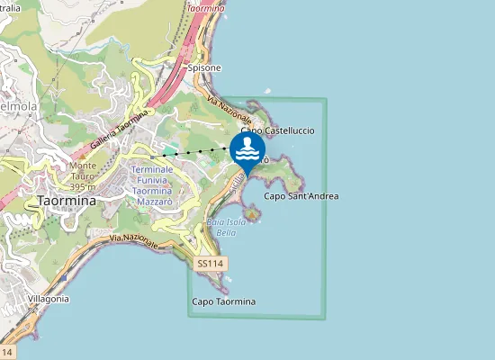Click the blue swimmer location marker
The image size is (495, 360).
coord(247,149)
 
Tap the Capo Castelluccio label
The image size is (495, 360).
coord(277,130)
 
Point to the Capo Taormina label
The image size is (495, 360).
coord(224,301)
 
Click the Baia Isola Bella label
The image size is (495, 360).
coord(220,227)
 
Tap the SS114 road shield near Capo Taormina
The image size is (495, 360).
coord(212,263)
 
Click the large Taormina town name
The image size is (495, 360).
coord(67,201)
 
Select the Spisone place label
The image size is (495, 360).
coord(203,67)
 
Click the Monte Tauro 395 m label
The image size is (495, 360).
coord(83,171)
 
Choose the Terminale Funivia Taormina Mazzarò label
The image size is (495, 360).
coord(158,186)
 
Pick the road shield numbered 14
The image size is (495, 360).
coord(8,351)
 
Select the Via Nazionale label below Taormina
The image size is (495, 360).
coord(134,239)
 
